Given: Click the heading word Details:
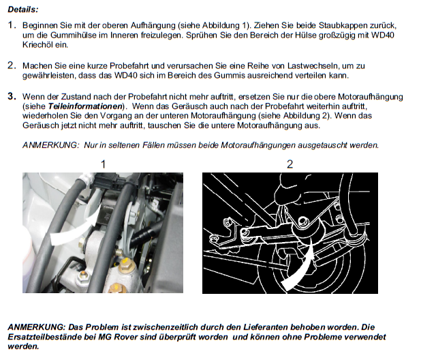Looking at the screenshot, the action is pos(23,10).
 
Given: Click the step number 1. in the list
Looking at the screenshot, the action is pos(12,25).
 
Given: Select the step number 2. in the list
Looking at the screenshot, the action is pos(12,65).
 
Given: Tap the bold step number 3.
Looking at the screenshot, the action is pos(12,96).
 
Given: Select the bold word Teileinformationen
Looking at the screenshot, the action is pos(85,106).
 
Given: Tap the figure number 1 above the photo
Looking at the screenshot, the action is pos(103,164).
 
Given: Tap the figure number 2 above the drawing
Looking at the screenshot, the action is pos(290,164).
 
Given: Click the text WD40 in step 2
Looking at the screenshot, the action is pos(125,76).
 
